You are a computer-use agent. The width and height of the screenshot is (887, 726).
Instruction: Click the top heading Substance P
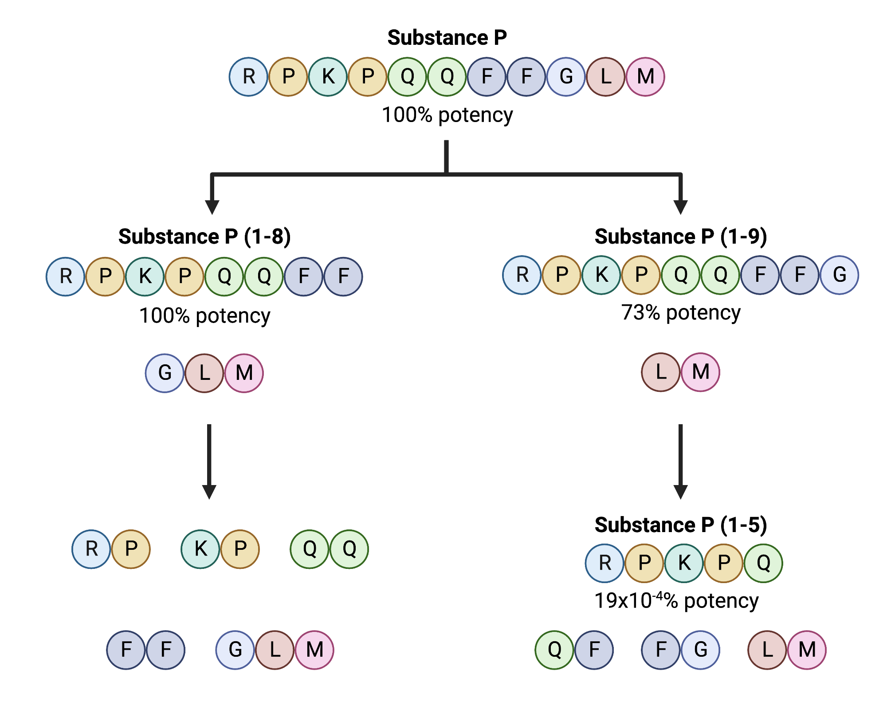click(447, 38)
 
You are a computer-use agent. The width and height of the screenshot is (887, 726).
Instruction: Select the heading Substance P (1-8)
click(204, 237)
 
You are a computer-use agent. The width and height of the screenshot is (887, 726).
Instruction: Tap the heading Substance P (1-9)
click(680, 237)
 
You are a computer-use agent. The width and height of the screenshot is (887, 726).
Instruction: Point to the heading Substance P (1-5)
click(680, 525)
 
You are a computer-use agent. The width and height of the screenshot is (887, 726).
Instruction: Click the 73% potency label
click(680, 312)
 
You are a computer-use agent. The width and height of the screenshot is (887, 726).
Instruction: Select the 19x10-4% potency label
click(676, 600)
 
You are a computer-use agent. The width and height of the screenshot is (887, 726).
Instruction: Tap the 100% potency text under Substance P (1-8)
click(204, 316)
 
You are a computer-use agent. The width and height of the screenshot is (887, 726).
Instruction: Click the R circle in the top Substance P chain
click(248, 77)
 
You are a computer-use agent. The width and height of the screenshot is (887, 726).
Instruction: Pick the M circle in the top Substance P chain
click(645, 77)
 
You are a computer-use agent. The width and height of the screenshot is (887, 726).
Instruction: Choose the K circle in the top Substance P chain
click(328, 77)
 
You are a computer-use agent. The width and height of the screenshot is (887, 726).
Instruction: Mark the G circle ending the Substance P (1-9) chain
click(839, 275)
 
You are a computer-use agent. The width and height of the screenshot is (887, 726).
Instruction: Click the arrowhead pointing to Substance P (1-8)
click(212, 207)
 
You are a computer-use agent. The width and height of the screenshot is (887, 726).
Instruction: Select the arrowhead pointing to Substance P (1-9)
click(680, 207)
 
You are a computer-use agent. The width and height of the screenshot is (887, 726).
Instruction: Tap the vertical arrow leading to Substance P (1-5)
click(680, 462)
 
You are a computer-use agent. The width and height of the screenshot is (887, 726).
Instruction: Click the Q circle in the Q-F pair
click(554, 650)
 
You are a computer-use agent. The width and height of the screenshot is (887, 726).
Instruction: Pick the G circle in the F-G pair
click(700, 650)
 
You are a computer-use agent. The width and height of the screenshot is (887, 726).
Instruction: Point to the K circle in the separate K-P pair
click(200, 549)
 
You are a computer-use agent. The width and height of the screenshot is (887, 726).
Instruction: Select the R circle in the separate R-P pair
click(91, 549)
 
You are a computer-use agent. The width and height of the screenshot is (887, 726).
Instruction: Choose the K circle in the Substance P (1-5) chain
click(684, 563)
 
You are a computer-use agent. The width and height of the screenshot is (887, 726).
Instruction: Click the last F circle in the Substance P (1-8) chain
click(343, 276)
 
